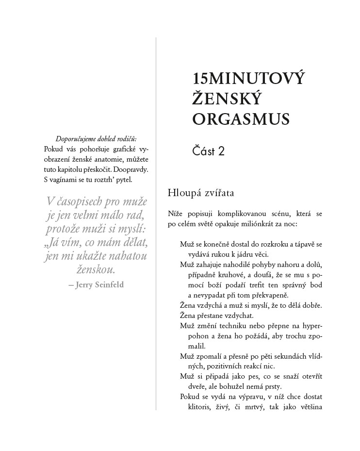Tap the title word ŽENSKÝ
(227, 99)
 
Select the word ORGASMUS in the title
(241, 118)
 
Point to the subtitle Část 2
(209, 151)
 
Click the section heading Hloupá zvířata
(201, 193)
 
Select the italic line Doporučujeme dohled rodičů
(96, 138)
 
